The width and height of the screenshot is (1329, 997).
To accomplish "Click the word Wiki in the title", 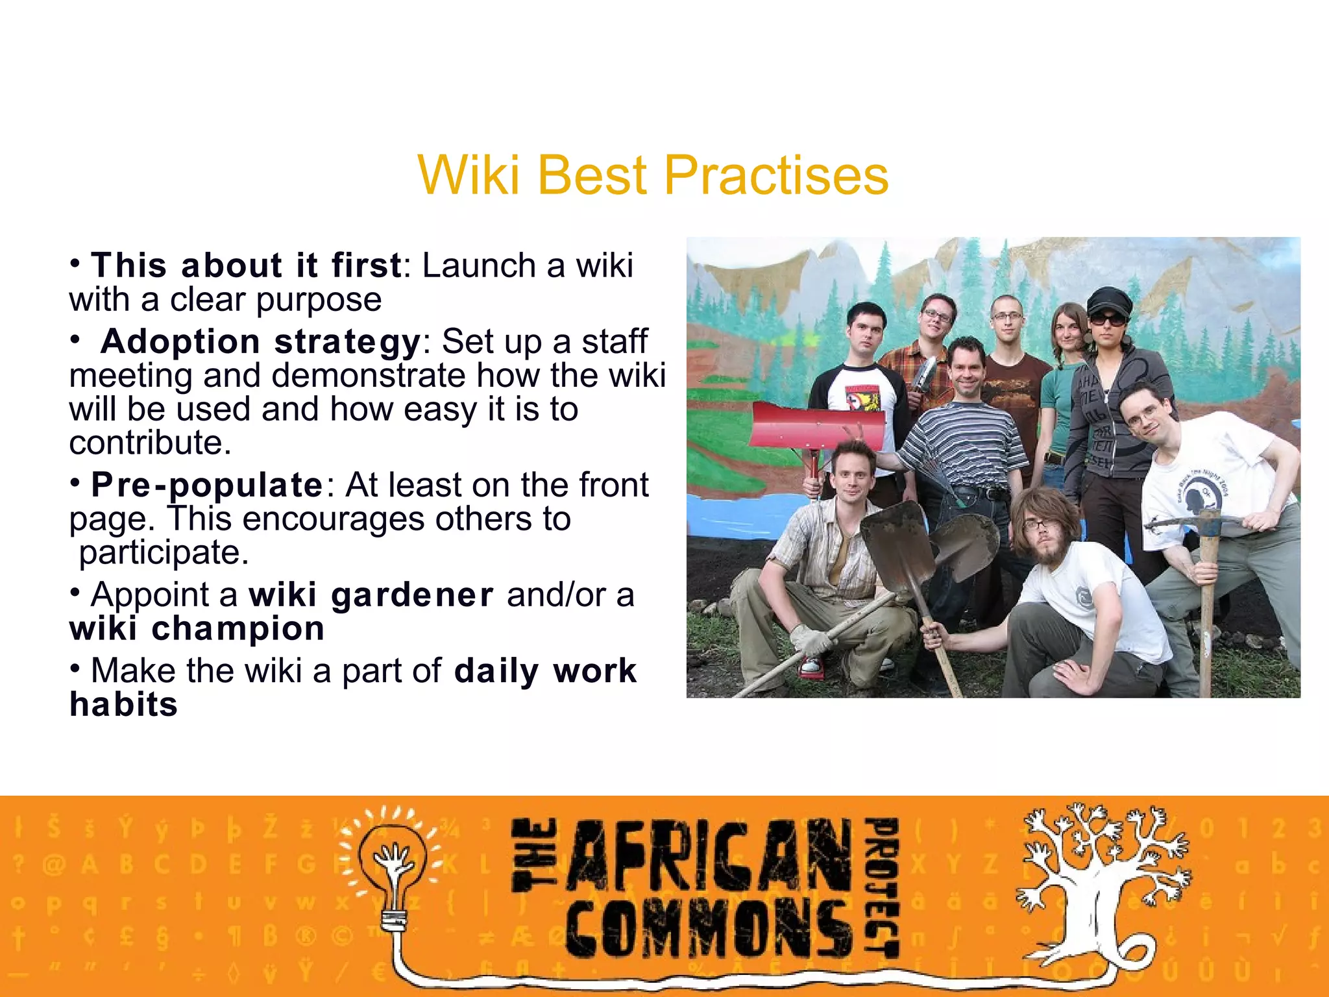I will tap(469, 176).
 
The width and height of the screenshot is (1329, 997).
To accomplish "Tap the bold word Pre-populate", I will tap(207, 486).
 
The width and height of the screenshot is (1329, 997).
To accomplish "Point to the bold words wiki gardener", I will tap(371, 595).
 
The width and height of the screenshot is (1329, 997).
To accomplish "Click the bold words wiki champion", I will tap(197, 629).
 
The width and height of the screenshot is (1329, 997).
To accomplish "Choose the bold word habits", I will tap(123, 705).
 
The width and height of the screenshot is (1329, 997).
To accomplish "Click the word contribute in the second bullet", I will tap(150, 443).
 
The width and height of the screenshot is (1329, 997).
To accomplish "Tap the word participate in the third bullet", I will tap(164, 553).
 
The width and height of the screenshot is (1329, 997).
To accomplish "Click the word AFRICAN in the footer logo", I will tap(711, 855).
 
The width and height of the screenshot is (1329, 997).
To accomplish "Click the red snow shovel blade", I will tap(816, 425).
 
